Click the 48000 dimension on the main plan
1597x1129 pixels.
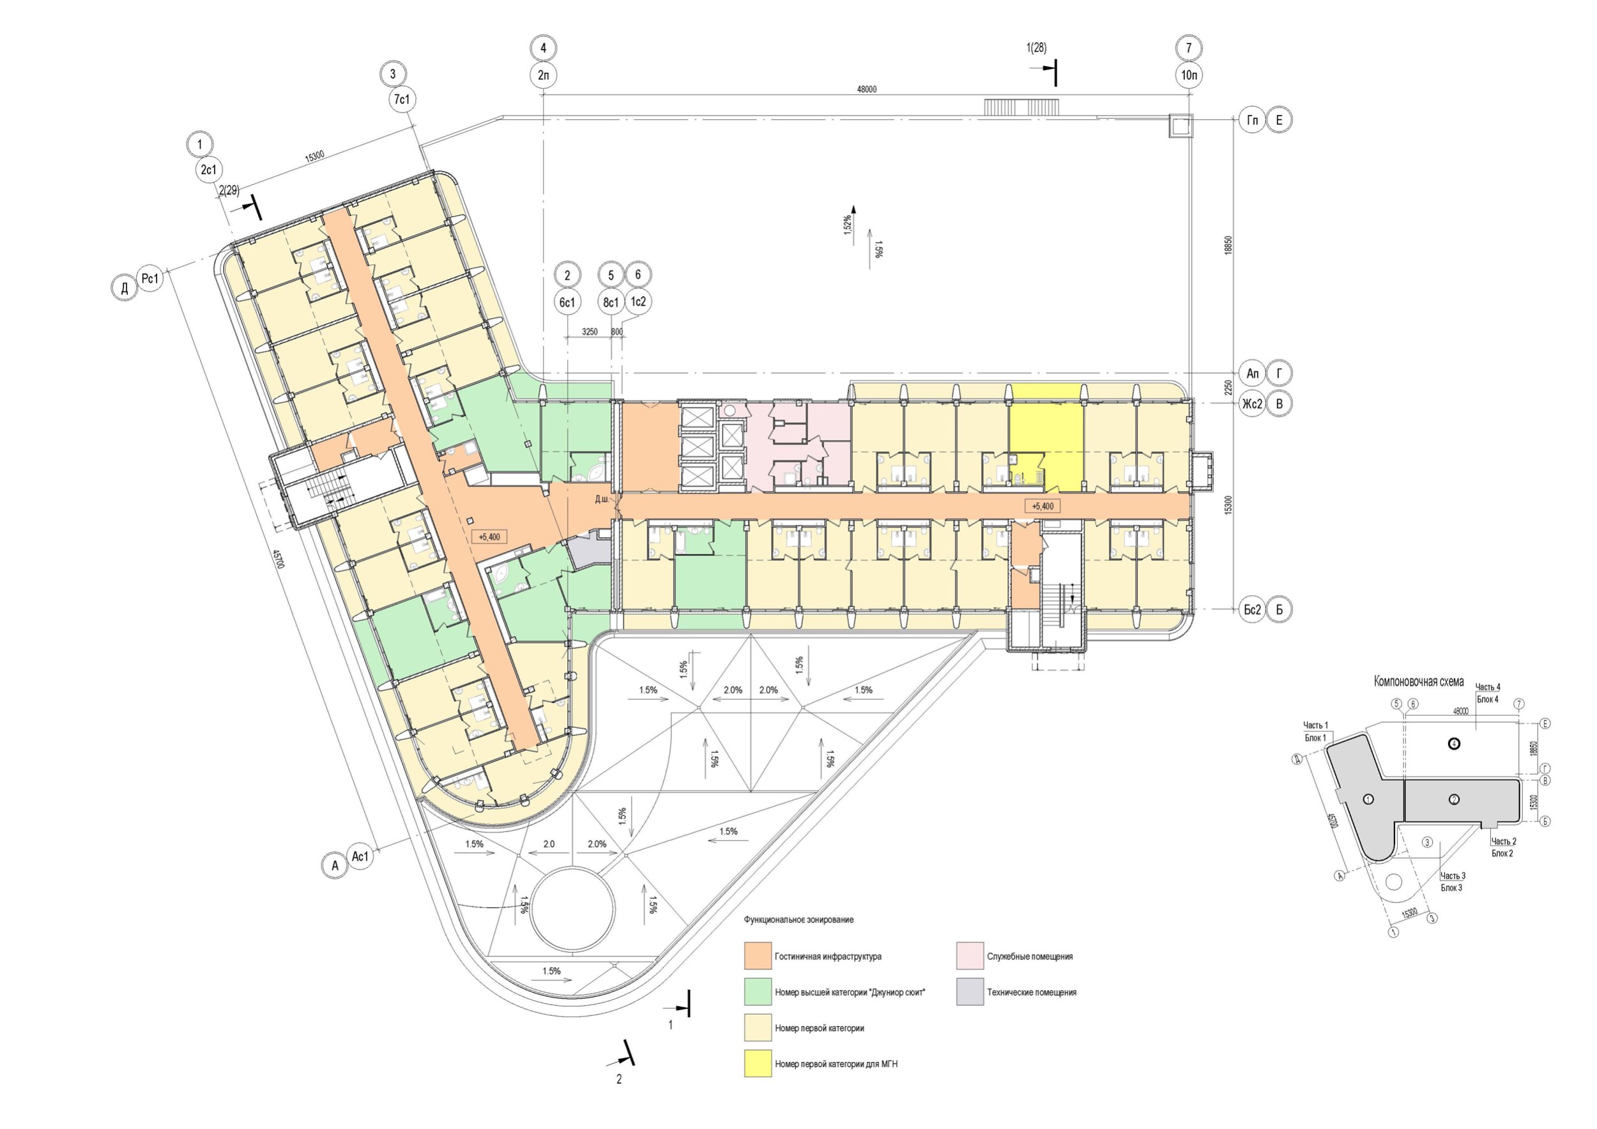click(x=866, y=89)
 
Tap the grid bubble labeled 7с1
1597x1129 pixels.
click(x=402, y=100)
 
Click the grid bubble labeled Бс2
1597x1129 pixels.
click(x=1252, y=610)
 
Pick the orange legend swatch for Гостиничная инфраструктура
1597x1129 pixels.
click(x=758, y=956)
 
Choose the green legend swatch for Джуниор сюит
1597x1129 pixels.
click(x=758, y=992)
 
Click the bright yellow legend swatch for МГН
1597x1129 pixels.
click(x=758, y=1064)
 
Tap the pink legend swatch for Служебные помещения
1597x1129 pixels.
click(x=970, y=956)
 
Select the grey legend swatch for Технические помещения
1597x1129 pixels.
click(x=970, y=992)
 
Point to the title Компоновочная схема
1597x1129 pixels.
click(x=1418, y=681)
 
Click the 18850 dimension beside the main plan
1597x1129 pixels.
click(x=1228, y=245)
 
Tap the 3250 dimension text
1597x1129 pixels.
click(x=589, y=331)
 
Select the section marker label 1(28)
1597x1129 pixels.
click(x=1036, y=48)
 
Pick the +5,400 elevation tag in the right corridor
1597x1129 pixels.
click(x=1042, y=506)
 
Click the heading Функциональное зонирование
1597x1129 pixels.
click(x=798, y=920)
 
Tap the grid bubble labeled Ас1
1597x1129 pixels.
click(x=360, y=856)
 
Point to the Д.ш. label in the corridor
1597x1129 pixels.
click(x=602, y=499)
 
